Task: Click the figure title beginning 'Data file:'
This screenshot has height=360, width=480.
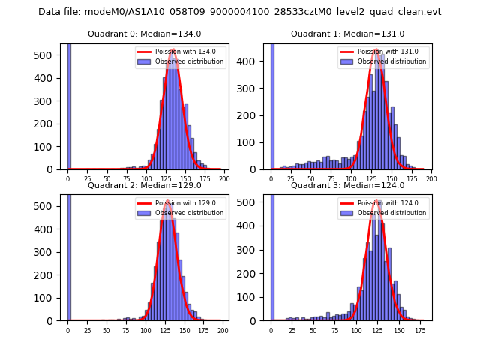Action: pos(240,12)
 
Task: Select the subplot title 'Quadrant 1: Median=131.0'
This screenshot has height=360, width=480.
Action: pos(347,34)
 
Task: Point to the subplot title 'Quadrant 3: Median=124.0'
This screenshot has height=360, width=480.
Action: pos(347,185)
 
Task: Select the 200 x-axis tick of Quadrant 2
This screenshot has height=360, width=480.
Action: pos(222,330)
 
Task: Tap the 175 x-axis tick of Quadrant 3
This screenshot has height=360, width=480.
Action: pos(419,330)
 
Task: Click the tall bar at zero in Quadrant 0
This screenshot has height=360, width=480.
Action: pos(69,105)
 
